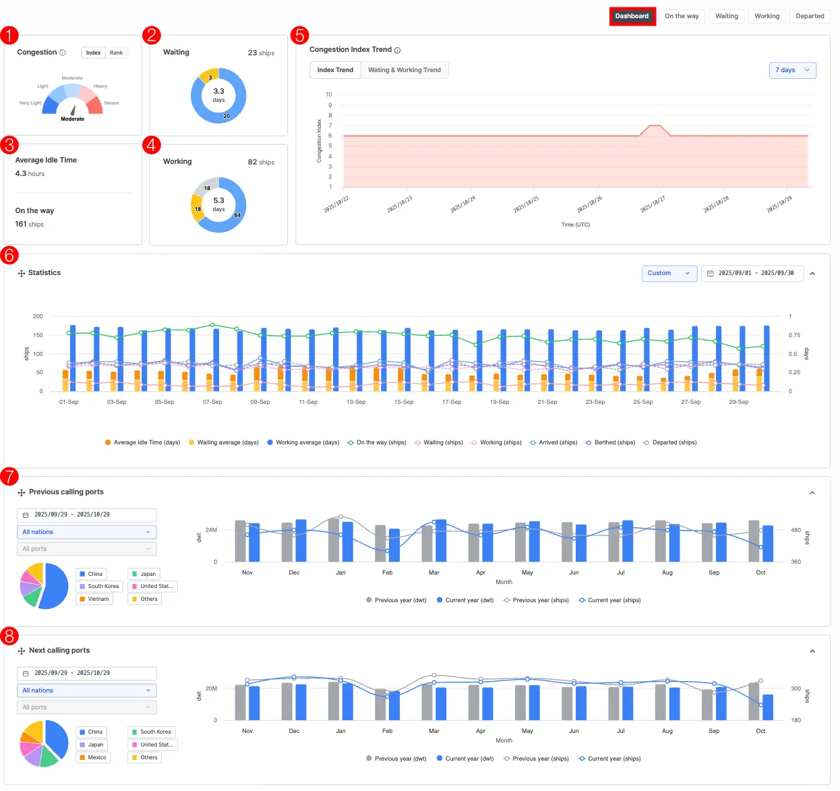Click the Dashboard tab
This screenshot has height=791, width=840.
632,16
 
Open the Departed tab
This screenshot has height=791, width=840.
809,16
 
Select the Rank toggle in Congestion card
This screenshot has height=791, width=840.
116,53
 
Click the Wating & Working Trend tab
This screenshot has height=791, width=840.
404,70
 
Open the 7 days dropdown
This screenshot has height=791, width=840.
792,70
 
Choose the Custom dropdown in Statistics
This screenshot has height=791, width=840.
669,273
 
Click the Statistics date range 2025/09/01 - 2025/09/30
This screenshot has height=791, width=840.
752,273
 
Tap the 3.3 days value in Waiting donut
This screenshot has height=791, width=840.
218,94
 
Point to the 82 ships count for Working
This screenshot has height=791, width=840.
261,162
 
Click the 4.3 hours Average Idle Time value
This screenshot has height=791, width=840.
30,174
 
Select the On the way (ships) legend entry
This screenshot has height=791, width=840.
377,442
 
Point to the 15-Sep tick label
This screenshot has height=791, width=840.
404,402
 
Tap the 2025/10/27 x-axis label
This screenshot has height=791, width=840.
653,204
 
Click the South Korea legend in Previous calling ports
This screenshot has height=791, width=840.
99,586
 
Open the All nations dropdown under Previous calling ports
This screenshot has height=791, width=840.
86,532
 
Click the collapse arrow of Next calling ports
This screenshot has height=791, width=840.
812,651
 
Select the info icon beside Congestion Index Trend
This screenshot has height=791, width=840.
398,50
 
